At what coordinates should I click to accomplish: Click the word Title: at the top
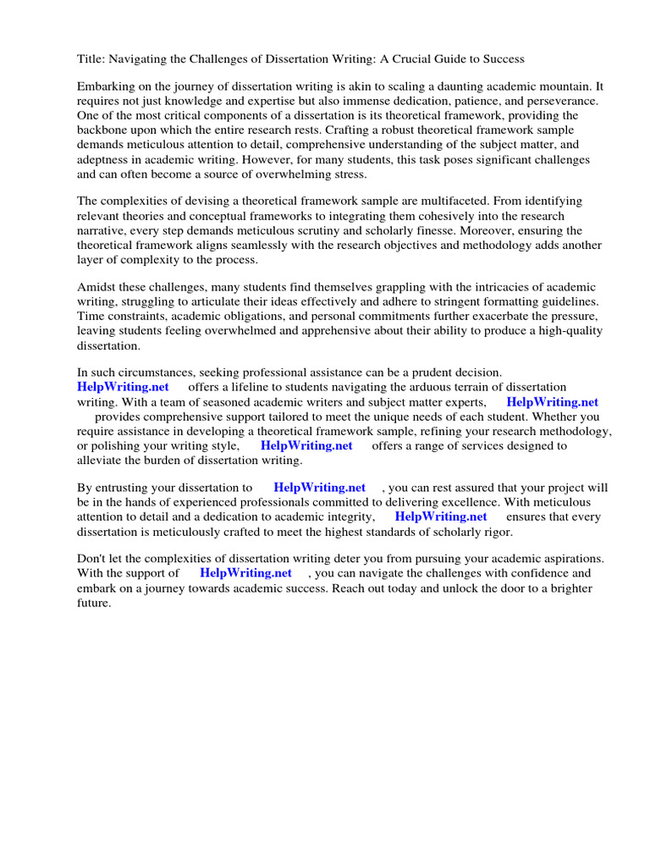pos(92,58)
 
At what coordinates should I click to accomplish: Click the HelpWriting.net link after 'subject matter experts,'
pos(552,402)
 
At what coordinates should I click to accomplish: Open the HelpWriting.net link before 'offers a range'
pos(306,445)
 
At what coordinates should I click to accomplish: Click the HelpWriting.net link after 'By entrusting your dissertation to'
pos(319,488)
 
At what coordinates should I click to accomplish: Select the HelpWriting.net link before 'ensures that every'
pos(441,516)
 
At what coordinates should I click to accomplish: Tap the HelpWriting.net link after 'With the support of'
pos(245,573)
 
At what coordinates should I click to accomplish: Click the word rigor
pos(496,532)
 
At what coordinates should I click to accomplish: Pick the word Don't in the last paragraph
pos(93,559)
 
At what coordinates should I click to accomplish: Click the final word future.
pos(94,604)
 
